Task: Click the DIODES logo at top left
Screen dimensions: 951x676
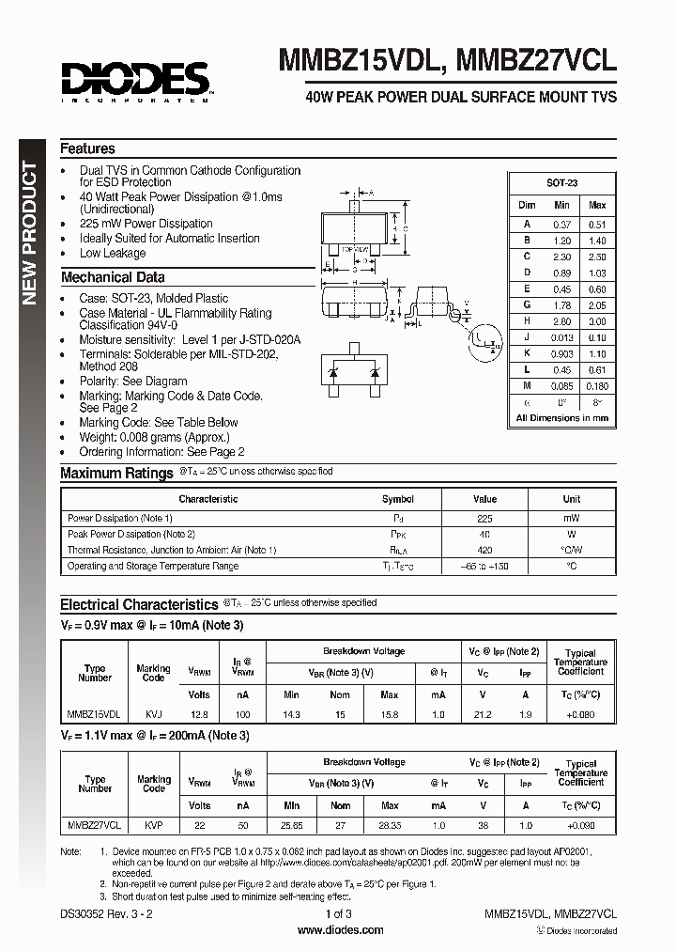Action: coord(134,80)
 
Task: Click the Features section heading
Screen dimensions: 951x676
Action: coord(87,148)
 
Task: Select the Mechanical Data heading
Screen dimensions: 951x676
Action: coord(112,277)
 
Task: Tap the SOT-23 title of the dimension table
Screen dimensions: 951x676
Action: coord(561,184)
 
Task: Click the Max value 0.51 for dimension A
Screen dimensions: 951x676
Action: coord(597,224)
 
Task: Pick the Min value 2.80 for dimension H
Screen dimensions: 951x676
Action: coord(561,321)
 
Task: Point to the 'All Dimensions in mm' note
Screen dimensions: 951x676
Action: coord(561,418)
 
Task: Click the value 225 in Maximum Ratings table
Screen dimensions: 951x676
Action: coord(484,518)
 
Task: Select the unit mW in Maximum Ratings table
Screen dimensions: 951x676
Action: coord(571,518)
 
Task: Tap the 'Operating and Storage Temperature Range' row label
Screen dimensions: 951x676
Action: coord(153,566)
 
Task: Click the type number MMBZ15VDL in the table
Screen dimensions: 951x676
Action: coord(95,714)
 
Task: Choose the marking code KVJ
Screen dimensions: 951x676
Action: coord(153,714)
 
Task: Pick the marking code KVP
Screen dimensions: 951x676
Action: coord(153,824)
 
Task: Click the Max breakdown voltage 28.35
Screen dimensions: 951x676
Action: coord(389,824)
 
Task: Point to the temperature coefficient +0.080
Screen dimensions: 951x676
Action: coord(580,714)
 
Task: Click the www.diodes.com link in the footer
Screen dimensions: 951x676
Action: coord(339,930)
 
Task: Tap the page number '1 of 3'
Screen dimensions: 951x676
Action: coord(339,913)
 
